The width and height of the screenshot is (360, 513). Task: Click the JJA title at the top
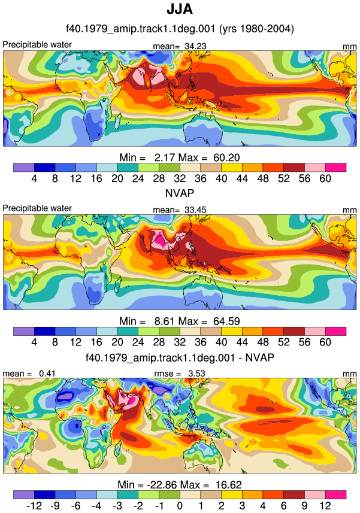click(x=180, y=9)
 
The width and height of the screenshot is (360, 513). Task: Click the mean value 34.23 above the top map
click(x=195, y=47)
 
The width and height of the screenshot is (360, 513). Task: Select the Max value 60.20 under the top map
click(x=226, y=157)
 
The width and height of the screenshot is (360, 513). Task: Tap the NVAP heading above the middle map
click(x=180, y=193)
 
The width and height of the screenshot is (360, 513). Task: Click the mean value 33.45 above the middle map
click(x=195, y=210)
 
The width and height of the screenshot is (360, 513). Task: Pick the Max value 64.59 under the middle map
click(x=226, y=321)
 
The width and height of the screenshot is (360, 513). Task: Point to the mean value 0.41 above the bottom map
click(x=47, y=374)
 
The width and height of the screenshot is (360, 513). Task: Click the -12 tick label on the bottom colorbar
click(x=34, y=506)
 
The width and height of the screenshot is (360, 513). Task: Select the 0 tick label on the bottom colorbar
click(x=180, y=506)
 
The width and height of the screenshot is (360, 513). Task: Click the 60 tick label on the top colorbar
click(x=325, y=178)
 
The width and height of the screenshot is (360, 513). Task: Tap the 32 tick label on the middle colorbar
click(x=180, y=342)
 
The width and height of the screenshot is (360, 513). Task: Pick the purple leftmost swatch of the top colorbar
click(x=24, y=168)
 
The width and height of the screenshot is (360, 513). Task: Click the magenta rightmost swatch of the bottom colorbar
click(x=336, y=494)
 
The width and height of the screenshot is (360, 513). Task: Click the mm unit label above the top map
click(x=350, y=47)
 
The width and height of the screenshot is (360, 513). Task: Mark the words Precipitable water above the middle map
click(x=37, y=208)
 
